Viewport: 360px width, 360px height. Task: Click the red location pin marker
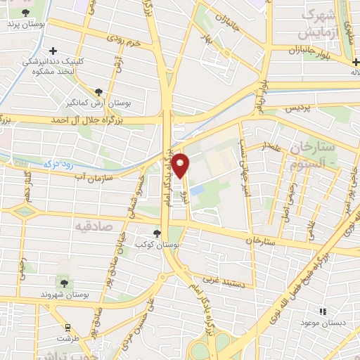(x=181, y=166)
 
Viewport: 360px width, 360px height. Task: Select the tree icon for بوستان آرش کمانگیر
(x=98, y=92)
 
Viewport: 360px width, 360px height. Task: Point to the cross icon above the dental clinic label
(x=53, y=50)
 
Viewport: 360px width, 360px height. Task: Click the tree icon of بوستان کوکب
(x=157, y=233)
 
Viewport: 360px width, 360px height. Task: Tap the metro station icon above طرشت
(x=67, y=327)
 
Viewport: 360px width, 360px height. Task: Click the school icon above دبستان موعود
(x=323, y=311)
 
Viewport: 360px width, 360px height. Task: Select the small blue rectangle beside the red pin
(x=197, y=191)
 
